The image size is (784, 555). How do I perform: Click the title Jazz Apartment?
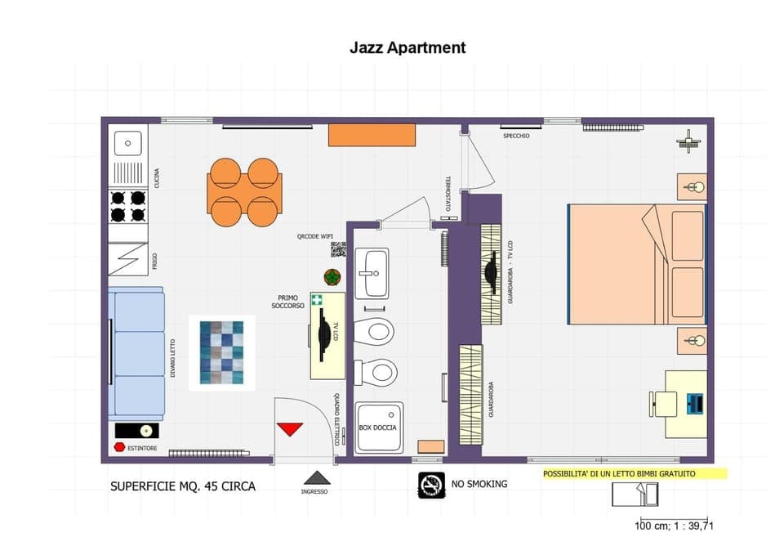(408, 47)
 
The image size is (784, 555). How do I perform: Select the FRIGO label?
(154, 262)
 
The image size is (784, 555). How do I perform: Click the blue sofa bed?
(139, 353)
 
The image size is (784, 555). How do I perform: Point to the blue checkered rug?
(222, 351)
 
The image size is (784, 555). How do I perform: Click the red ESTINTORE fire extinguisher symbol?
(119, 448)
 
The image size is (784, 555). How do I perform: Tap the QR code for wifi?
(338, 249)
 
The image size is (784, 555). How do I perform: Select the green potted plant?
(332, 277)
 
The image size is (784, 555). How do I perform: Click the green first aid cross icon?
(316, 300)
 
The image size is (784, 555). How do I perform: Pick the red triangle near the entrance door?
(290, 429)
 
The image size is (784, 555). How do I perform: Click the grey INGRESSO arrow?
(317, 478)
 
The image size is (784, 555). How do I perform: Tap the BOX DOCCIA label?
(378, 428)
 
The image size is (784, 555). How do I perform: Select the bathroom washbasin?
(376, 273)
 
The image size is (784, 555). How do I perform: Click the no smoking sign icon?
(431, 484)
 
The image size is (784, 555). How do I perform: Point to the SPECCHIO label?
(516, 136)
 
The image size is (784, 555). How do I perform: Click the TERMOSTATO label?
(448, 190)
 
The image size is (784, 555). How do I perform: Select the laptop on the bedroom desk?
(695, 403)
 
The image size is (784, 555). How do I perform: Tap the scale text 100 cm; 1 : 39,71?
(674, 526)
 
